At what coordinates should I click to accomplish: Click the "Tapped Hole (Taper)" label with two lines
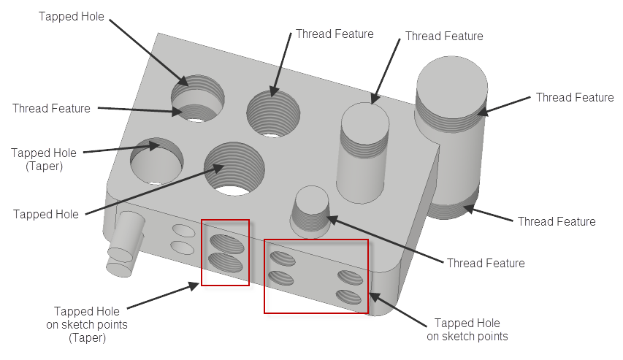tap(44, 159)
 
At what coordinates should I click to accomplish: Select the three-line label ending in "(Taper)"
tap(87, 324)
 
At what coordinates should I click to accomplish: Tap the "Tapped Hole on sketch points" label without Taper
tap(467, 329)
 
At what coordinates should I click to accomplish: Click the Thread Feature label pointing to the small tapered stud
tap(486, 263)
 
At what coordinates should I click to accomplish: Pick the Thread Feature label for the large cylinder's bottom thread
tap(557, 221)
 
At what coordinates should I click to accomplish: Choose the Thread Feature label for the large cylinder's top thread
tap(575, 97)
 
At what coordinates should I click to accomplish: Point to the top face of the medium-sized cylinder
tap(365, 123)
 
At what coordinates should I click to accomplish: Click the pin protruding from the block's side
tap(124, 244)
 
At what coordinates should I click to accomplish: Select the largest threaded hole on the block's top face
tap(234, 169)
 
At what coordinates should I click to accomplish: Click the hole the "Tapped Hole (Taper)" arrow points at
tap(156, 161)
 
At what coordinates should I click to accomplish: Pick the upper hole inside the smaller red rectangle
tap(227, 244)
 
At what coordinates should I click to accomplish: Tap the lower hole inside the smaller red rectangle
tap(226, 263)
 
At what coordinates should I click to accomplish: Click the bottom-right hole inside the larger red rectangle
tap(348, 297)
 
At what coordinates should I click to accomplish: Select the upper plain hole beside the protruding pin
tap(183, 231)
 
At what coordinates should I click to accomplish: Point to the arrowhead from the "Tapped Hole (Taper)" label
tap(154, 145)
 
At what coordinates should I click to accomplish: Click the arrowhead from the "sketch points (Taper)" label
tap(194, 286)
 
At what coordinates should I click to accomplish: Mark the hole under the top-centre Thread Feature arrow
tap(273, 114)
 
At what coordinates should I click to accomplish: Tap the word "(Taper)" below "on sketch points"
tap(87, 338)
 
